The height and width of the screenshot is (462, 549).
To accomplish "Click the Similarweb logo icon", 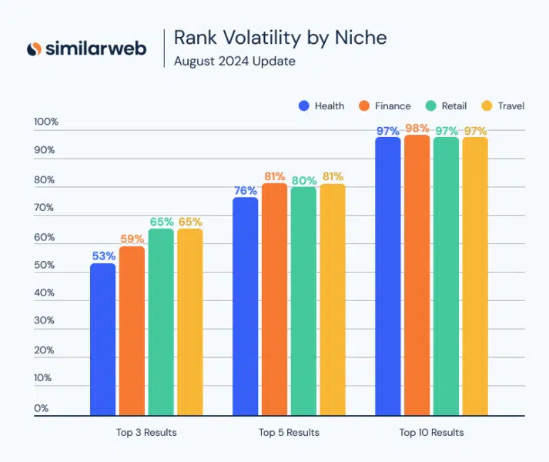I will pos(35,49).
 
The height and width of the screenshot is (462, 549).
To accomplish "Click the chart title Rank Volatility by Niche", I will pos(280,37).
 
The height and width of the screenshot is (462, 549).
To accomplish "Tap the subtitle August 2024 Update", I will pos(234,61).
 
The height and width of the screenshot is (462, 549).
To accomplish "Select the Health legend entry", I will pos(322,105).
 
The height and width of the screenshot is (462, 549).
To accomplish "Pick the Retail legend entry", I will pos(446,105).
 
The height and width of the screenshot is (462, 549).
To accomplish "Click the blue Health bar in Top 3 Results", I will pos(102,340).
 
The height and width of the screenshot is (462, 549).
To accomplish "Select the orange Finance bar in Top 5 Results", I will pos(274,300).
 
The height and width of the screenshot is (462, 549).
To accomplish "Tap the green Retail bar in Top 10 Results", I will pos(446,277).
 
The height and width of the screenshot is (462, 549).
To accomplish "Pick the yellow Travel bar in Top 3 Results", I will pos(190,323).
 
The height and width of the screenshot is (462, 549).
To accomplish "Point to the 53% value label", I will pos(103,256).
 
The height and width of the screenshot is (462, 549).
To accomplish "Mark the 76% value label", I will pos(245,190).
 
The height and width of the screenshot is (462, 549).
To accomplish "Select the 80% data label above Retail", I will pos(303,180).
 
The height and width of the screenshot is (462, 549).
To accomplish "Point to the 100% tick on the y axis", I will pos(45,122).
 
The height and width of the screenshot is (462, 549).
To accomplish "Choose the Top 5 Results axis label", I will pos(289,433).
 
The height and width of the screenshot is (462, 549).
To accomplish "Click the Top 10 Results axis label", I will pos(431,433).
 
